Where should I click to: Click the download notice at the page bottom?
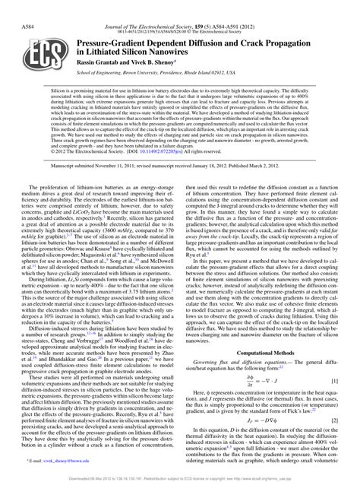coord(180,477)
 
